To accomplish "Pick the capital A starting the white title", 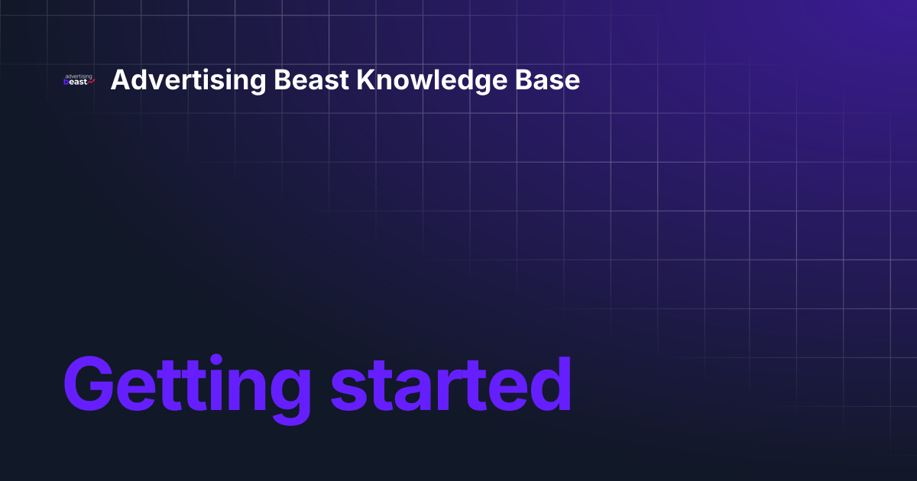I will [x=120, y=80].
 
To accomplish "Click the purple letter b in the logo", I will [x=66, y=82].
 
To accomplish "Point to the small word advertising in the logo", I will [x=79, y=76].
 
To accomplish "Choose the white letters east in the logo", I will [x=79, y=82].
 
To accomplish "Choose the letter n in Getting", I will [x=245, y=389].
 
